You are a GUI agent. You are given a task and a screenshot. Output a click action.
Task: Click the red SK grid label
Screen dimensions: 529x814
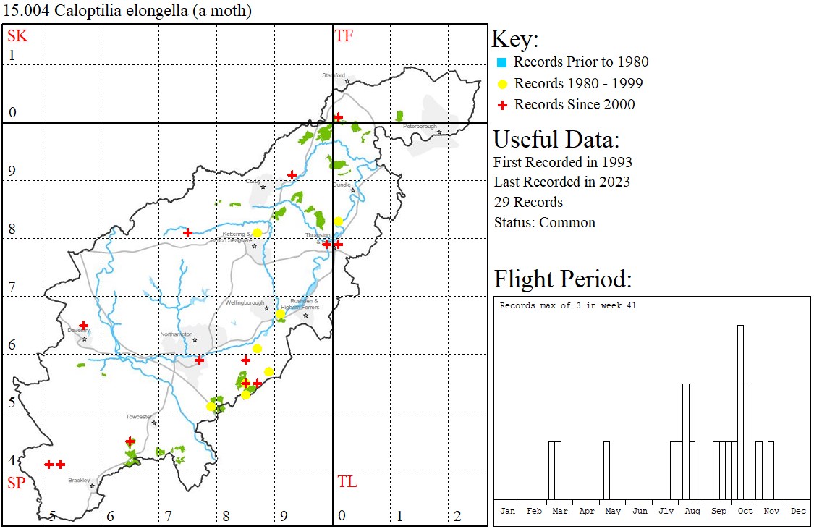click(17, 35)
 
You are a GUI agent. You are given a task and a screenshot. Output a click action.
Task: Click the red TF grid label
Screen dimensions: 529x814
click(344, 35)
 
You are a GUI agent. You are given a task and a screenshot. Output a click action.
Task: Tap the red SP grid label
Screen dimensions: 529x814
click(17, 483)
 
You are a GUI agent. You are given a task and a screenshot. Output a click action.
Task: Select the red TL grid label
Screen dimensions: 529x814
click(347, 482)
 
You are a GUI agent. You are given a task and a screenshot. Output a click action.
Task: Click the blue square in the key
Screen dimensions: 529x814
click(501, 62)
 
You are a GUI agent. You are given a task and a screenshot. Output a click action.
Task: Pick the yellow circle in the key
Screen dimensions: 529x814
click(501, 84)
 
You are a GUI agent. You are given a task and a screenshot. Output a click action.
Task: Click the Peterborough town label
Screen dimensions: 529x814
click(420, 127)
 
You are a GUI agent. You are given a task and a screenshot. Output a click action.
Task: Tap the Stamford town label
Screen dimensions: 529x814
click(334, 75)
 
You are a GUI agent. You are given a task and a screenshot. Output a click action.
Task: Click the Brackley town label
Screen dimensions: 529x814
click(78, 480)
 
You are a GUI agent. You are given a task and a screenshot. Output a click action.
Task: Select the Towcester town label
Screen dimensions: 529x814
click(139, 417)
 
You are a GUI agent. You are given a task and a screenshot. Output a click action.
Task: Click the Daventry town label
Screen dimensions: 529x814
click(77, 330)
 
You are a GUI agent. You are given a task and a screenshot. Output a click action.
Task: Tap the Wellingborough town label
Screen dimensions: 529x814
click(245, 302)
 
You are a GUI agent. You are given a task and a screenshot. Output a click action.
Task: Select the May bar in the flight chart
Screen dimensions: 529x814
click(606, 470)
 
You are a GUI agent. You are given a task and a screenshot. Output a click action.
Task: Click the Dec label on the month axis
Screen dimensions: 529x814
click(798, 511)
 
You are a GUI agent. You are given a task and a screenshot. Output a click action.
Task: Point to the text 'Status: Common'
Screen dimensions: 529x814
click(544, 222)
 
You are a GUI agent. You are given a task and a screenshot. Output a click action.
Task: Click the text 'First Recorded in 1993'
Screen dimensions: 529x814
click(563, 161)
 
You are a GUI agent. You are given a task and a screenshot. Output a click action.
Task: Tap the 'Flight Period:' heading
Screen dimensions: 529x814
click(563, 279)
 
